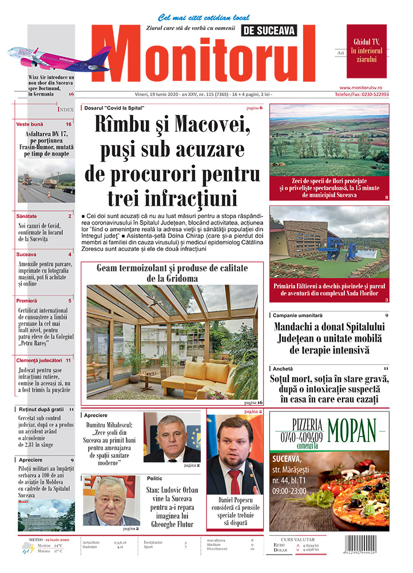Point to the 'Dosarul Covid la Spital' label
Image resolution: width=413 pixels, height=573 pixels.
tap(112, 108)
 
